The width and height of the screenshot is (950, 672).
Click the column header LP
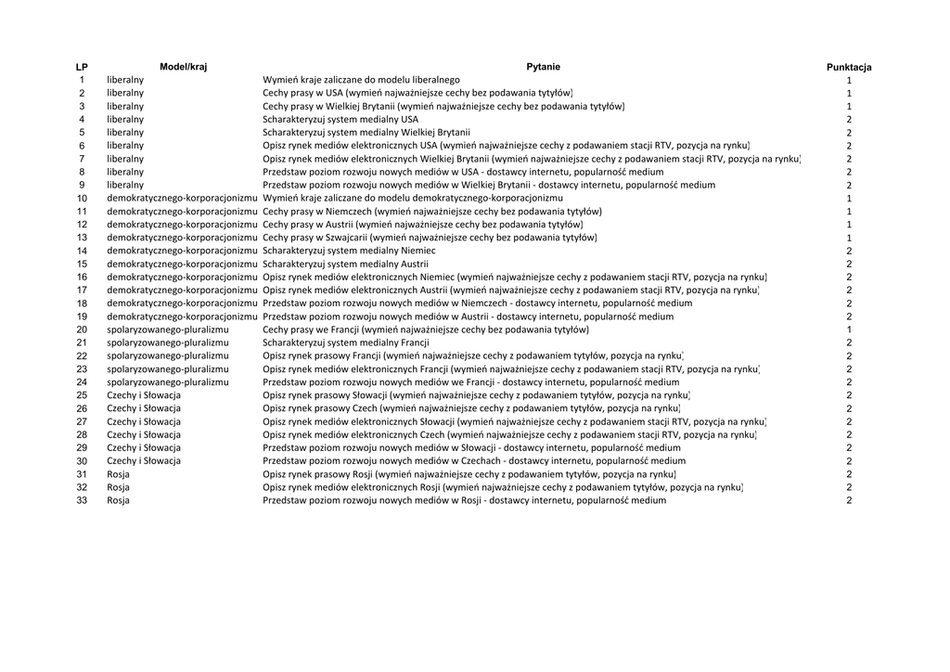tap(82, 67)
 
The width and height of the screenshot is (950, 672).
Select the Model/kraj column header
tap(183, 67)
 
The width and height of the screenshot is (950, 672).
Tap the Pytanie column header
tap(543, 67)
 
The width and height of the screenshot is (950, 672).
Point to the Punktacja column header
tap(849, 67)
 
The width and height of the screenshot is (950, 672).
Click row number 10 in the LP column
tap(82, 199)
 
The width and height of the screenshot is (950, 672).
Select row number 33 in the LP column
tap(82, 500)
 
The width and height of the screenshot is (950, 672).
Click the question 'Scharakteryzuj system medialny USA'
tap(340, 120)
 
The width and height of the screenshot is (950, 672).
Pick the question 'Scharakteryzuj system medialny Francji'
tap(346, 342)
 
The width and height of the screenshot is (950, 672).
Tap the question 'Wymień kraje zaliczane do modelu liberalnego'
tap(361, 81)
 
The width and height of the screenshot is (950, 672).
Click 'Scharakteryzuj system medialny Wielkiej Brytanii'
tap(366, 133)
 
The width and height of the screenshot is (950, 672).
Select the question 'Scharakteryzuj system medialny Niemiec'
tap(349, 251)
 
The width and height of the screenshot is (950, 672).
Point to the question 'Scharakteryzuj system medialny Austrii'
tap(345, 264)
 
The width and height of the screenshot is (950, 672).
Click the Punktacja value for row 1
tap(849, 81)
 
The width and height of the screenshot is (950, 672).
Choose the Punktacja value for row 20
tap(849, 330)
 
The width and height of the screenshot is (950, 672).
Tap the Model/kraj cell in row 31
tap(119, 474)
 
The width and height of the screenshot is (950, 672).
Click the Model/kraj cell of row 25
tap(144, 395)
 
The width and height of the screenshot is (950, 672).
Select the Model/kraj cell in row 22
tap(168, 355)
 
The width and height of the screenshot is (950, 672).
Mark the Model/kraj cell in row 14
tap(182, 251)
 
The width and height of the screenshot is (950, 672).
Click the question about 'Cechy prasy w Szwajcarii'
tap(430, 238)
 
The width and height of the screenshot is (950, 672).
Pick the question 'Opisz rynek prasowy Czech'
tap(471, 408)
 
